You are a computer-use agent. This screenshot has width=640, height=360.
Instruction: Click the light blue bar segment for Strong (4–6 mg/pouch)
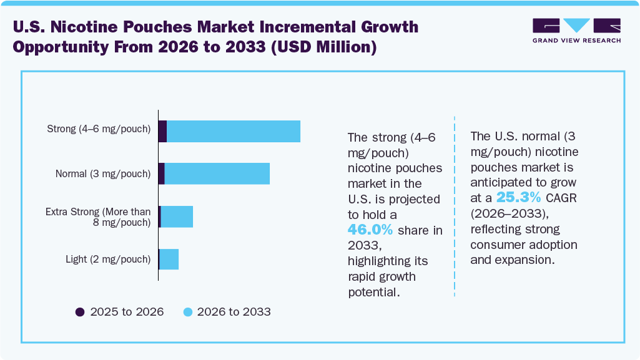tap(234, 131)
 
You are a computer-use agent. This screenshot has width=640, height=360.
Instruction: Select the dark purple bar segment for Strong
tap(162, 131)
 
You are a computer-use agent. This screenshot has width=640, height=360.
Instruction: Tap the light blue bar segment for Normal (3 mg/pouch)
tap(217, 173)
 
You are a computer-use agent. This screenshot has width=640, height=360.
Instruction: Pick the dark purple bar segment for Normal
tap(161, 173)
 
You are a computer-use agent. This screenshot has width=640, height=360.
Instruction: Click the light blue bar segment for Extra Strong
tap(177, 216)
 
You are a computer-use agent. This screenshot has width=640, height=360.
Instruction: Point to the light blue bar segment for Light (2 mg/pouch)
tap(169, 259)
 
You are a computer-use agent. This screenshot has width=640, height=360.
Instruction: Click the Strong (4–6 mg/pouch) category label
tap(99, 129)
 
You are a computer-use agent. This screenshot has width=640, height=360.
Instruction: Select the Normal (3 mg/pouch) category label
tap(103, 173)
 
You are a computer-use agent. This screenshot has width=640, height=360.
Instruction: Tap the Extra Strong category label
tap(98, 217)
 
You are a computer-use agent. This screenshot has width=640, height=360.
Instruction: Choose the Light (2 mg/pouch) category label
tap(108, 259)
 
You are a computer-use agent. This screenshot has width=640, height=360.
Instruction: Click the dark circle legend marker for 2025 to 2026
tap(79, 311)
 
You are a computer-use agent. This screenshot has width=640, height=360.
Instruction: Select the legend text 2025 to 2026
tap(127, 311)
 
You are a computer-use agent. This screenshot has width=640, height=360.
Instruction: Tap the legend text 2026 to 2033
tap(234, 311)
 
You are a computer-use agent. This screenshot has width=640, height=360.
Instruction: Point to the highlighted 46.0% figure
tap(370, 230)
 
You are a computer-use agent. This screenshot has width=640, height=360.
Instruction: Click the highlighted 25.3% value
tap(518, 197)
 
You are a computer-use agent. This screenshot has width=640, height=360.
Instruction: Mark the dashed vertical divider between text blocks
tap(455, 206)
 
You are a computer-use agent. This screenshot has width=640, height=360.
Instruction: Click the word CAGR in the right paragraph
tap(561, 198)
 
